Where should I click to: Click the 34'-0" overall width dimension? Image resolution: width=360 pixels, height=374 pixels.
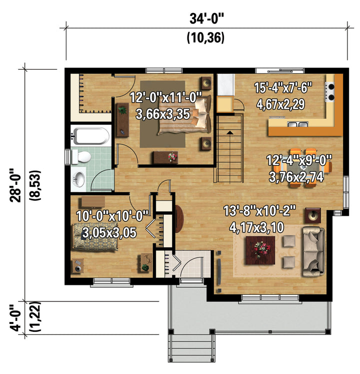tap(206, 19)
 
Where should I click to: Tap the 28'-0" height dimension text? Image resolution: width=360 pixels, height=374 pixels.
tap(15, 185)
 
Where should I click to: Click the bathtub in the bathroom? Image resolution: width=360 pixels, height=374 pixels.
tap(91, 136)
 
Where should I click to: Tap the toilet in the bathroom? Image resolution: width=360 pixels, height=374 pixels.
tap(81, 157)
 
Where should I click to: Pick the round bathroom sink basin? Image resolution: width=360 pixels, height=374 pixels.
tap(79, 179)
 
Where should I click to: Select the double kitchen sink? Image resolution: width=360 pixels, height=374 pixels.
tap(297, 124)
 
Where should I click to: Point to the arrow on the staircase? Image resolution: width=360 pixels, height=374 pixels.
tap(229, 132)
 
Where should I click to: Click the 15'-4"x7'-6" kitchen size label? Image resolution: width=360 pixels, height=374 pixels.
tap(283, 88)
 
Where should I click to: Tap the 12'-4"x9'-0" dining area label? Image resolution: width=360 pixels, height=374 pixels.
tap(299, 160)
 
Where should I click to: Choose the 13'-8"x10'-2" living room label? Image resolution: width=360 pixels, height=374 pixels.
tap(259, 211)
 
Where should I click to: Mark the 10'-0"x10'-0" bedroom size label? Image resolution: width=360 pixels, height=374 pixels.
tap(112, 216)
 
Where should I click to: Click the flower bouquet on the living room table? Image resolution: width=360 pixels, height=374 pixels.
tap(260, 249)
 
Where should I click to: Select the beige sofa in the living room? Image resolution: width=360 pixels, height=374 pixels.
tap(313, 252)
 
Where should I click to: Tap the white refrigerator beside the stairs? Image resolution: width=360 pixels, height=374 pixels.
tap(225, 85)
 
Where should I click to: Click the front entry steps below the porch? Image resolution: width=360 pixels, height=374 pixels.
tap(192, 348)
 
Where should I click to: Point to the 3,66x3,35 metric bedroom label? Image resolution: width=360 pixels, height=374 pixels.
tap(163, 114)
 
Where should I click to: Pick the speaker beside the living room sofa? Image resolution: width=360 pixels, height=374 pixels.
tap(313, 215)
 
